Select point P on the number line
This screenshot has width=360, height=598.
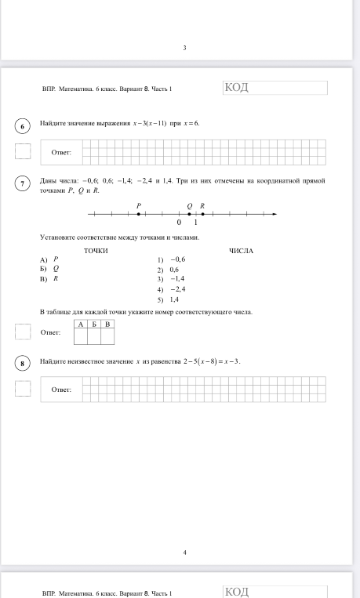click(139, 213)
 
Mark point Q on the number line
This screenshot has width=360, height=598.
click(189, 213)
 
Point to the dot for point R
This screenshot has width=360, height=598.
click(202, 213)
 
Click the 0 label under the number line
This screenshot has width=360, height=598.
click(179, 223)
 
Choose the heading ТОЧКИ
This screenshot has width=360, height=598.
click(96, 251)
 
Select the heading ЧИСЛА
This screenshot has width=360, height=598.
click(241, 251)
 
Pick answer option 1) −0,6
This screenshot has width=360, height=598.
click(171, 259)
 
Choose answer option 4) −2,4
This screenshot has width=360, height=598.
click(171, 289)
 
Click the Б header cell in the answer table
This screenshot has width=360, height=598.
click(94, 324)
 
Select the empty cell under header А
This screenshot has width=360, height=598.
click(80, 336)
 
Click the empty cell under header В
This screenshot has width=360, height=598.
click(107, 336)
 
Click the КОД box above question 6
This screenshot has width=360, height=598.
click(275, 88)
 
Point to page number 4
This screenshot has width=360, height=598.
click(184, 553)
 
